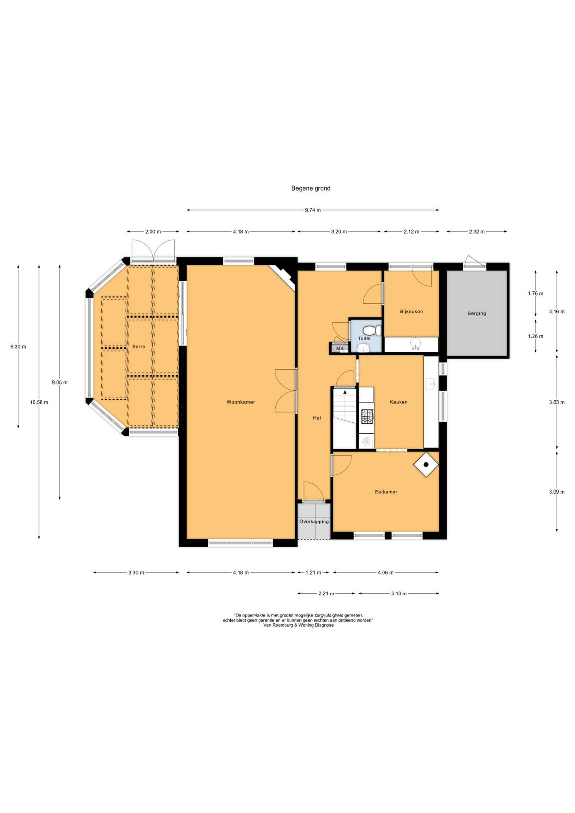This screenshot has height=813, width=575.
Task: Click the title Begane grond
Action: pos(310,188)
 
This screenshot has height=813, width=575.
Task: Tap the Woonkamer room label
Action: pos(241,402)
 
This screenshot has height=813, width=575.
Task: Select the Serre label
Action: pos(138,346)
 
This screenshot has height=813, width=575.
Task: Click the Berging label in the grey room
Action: pos(476,313)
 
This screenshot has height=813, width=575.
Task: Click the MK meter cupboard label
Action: pos(340,348)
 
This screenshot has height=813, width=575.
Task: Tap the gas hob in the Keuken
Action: pos(367,416)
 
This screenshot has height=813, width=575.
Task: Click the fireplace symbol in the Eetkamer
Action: pos(426,465)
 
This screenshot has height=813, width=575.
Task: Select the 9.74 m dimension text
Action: pos(312,210)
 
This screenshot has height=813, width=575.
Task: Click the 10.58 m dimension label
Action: pos(39,402)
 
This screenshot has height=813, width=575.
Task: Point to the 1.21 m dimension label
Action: pos(313,572)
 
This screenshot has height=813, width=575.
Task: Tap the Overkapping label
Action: pos(314,522)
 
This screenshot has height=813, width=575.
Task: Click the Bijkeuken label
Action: pos(411,311)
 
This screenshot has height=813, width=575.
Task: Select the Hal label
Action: pos(317,418)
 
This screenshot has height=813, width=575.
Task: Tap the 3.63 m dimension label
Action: pos(556,402)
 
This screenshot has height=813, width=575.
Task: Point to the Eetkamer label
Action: pos(386,492)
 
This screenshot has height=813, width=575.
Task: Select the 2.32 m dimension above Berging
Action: pos(476,232)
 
